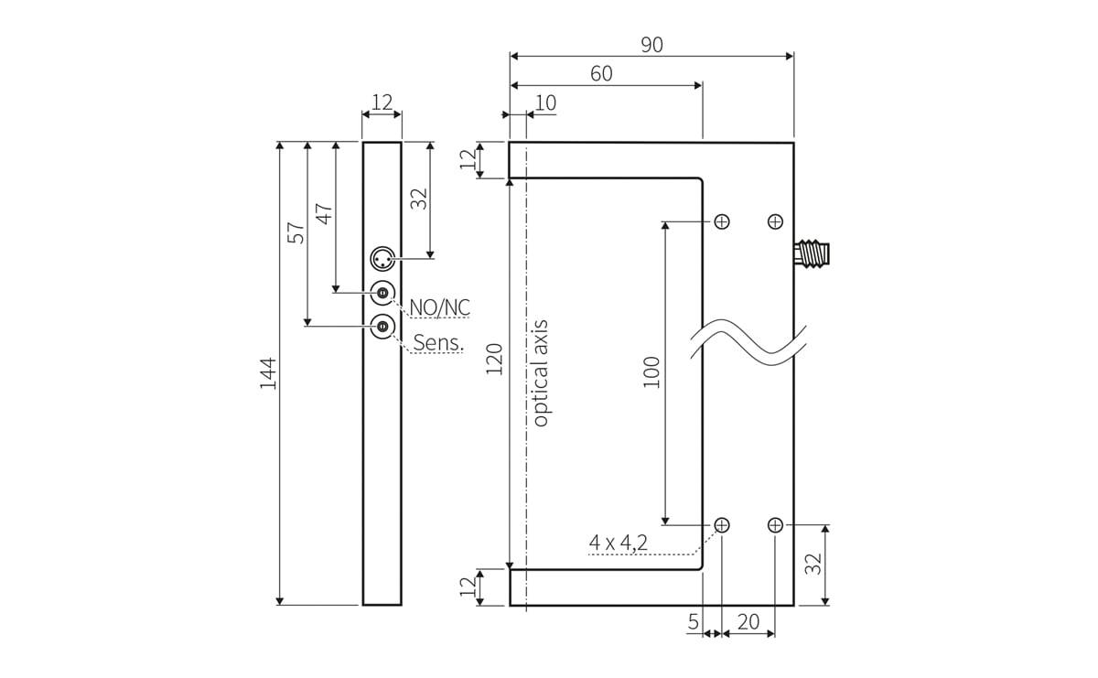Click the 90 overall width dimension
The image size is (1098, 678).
[651, 45]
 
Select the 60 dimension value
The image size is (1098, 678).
[601, 74]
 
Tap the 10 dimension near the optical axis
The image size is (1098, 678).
[545, 102]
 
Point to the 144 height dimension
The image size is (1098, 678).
[267, 373]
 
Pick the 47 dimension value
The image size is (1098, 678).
[324, 212]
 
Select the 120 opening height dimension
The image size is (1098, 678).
[494, 361]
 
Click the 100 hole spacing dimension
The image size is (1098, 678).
[651, 372]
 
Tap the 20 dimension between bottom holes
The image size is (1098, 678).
[748, 622]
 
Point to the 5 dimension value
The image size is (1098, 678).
[694, 622]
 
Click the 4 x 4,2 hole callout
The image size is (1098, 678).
[619, 543]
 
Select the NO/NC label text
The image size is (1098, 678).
[439, 307]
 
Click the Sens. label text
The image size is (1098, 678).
[439, 343]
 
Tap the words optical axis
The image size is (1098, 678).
[540, 372]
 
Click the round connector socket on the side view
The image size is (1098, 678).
[382, 260]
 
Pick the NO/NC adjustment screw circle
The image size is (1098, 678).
[382, 293]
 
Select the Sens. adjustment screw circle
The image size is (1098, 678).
[382, 326]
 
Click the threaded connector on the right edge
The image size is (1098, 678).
[812, 253]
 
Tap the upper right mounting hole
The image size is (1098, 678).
[776, 221]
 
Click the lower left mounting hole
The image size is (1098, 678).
[722, 525]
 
